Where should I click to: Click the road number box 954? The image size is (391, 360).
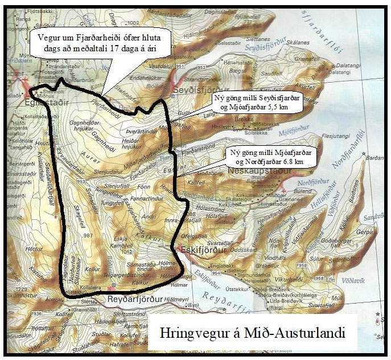(x=215, y=272)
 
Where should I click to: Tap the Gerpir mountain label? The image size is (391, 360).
(x=364, y=233)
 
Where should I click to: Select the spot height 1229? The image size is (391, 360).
(x=22, y=291)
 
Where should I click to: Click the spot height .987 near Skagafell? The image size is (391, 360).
(x=87, y=235)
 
